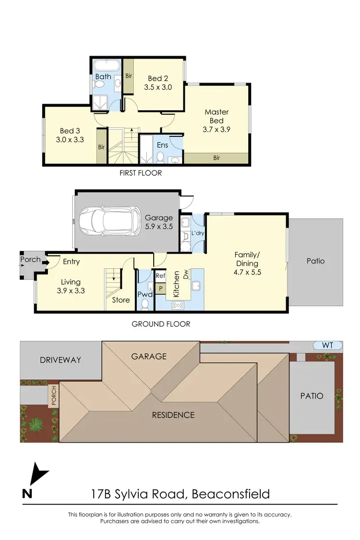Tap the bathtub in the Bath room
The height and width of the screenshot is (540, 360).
[x=103, y=66]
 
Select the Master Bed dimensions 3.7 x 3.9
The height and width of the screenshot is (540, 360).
[x=216, y=129]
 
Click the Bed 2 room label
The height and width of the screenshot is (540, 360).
[x=157, y=79]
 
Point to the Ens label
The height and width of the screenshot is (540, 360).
[x=162, y=145]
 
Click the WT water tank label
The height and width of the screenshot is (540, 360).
[x=328, y=345]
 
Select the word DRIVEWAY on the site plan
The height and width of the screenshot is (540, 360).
[x=60, y=360]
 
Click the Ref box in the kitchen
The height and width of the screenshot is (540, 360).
[x=160, y=276]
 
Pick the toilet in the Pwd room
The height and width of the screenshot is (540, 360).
[x=144, y=303]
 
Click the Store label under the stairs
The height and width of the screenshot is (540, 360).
[x=121, y=300]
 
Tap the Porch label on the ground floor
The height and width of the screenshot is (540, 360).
[x=30, y=261]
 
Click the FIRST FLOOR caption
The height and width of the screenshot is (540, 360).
[x=141, y=173]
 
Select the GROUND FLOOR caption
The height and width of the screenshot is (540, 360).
[x=161, y=324]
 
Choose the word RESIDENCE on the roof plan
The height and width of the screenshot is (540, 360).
[x=173, y=415]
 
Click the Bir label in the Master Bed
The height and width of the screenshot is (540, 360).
[x=216, y=157]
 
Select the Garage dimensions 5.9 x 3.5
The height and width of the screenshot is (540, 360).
[x=159, y=227]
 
